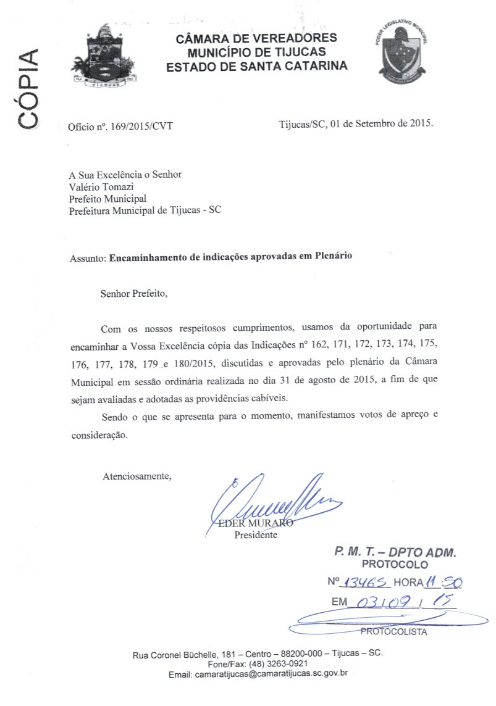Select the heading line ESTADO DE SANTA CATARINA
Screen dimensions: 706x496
[x=256, y=65]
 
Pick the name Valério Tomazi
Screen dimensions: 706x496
[x=100, y=186]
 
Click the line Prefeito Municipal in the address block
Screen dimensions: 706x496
[x=107, y=198]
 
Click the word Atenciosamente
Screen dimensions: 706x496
[x=137, y=476]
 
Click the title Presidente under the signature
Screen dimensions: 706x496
[x=256, y=535]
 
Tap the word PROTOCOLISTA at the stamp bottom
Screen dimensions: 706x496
[x=393, y=631]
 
